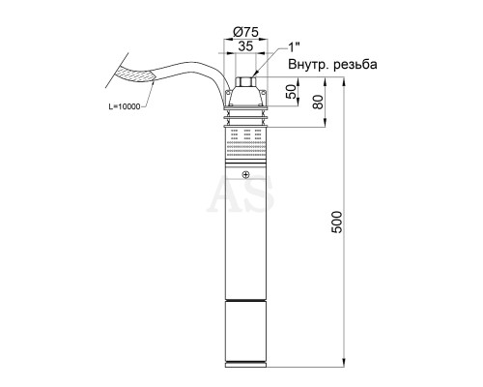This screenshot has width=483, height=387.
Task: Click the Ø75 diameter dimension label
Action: [245, 32]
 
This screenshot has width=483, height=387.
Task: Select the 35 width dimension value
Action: [245, 46]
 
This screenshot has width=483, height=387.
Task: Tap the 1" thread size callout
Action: [294, 47]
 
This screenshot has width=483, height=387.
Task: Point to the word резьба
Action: [355, 65]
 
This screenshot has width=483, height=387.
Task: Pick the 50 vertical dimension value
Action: [292, 92]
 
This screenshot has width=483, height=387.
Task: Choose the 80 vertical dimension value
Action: [318, 102]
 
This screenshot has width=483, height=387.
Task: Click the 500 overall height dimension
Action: [337, 222]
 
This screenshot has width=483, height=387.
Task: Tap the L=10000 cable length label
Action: [125, 106]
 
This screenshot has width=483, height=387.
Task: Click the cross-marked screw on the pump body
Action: [245, 175]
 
